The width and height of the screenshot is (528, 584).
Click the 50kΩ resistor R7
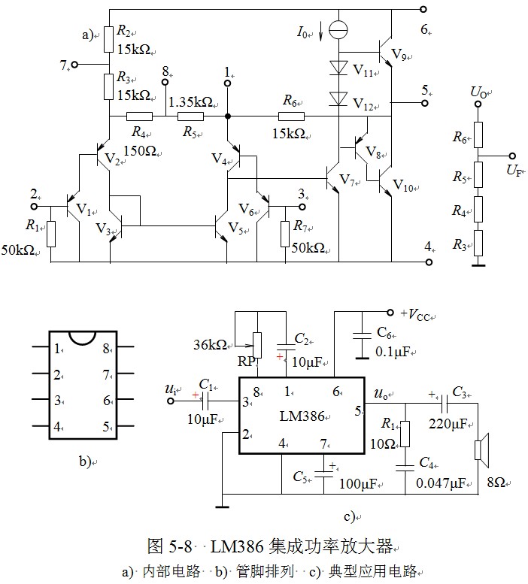click(x=285, y=233)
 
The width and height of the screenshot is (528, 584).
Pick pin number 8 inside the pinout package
click(x=106, y=349)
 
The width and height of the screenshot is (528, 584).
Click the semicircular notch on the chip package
click(x=81, y=337)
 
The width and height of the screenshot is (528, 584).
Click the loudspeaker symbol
click(x=478, y=449)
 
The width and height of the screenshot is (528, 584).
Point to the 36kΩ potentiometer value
click(x=211, y=345)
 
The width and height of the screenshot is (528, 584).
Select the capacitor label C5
click(x=300, y=477)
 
